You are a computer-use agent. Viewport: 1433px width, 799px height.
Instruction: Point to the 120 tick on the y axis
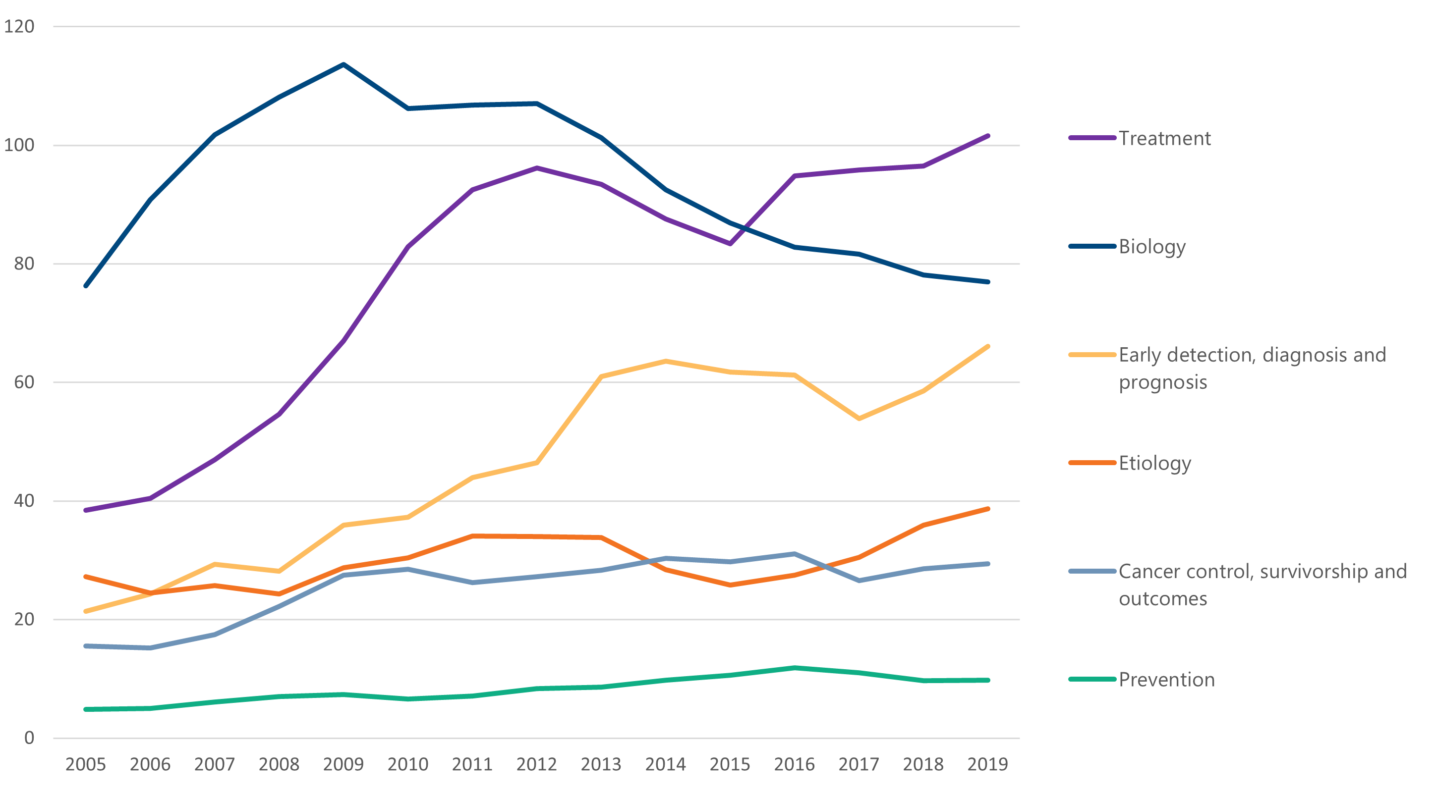tap(19, 26)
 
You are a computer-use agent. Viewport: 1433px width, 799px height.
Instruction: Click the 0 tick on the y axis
tap(29, 738)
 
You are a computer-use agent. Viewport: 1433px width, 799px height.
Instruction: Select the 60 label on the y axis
tap(24, 382)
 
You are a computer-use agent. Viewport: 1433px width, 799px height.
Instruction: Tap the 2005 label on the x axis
tap(86, 764)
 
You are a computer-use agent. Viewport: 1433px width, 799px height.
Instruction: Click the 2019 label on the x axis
tap(987, 764)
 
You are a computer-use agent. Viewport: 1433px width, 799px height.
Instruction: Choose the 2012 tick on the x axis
tap(537, 764)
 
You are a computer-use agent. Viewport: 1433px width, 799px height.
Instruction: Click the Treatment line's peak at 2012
tap(537, 168)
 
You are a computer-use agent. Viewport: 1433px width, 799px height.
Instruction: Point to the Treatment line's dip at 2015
tap(730, 244)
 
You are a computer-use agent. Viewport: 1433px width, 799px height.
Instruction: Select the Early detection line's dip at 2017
tap(859, 418)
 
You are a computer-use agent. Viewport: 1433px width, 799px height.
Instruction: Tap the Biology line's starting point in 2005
tap(86, 286)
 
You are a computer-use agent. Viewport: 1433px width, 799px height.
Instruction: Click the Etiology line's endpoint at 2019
tap(987, 509)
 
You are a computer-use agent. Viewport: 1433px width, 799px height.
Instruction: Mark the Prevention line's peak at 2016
tap(795, 668)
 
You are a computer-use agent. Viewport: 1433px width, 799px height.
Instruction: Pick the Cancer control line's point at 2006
tap(150, 648)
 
